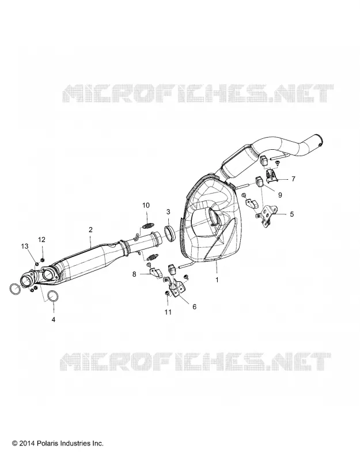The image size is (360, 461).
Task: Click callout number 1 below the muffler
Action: pos(217,280)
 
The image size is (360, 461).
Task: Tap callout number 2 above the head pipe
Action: pos(90,229)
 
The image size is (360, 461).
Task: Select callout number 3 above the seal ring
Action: pos(168,211)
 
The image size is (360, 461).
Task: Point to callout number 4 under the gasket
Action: pos(54,319)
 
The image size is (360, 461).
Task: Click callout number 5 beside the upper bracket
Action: pos(292,214)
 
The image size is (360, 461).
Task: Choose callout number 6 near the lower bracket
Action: pos(194,307)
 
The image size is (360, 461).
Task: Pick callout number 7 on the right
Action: pos(293,179)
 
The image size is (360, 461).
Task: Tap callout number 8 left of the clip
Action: pos(134,274)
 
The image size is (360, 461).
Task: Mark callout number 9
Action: pos(280,195)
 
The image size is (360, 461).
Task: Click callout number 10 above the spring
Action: pos(146,205)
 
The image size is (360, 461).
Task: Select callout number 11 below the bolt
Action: pos(168,312)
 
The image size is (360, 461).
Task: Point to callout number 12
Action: pos(41,240)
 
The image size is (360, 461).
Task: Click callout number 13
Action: pos(25,246)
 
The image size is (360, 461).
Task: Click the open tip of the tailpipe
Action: pos(320,140)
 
